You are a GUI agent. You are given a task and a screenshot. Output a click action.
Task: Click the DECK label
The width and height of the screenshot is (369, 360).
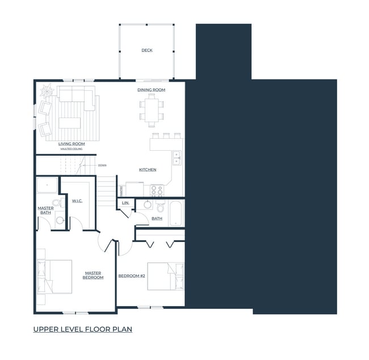(146, 50)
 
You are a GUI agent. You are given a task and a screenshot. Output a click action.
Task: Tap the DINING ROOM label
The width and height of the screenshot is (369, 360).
(151, 90)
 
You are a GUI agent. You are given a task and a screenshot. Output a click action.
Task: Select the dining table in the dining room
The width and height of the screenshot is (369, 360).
(151, 109)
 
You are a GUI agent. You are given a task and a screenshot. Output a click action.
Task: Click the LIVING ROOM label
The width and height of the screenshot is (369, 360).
(72, 144)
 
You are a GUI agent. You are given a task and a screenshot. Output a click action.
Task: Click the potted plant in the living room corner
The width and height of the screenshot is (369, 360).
(46, 90)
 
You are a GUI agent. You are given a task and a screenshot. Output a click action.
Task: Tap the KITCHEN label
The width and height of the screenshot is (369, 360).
(148, 170)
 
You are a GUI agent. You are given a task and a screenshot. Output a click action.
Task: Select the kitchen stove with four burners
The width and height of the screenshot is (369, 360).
(157, 190)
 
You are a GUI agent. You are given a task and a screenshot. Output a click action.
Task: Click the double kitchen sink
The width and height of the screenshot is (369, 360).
(177, 157)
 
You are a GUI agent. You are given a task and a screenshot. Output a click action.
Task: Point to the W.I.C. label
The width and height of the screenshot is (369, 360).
(78, 201)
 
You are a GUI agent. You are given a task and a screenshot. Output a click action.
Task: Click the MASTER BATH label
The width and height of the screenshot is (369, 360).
(45, 210)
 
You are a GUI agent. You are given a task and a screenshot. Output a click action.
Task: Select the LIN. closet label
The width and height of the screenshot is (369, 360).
(125, 202)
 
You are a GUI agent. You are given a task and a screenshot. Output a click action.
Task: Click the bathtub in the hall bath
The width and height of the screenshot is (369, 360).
(175, 213)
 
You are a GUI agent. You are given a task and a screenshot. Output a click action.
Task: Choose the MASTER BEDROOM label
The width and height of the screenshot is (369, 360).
(93, 275)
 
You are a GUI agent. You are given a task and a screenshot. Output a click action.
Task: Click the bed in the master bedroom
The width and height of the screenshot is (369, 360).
(55, 277)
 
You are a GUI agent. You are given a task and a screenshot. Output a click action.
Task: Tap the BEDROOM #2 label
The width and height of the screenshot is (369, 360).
(132, 276)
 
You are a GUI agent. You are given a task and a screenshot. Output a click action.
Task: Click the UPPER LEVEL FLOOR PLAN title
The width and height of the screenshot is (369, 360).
(82, 329)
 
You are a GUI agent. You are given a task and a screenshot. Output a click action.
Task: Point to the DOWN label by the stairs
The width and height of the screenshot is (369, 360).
(102, 166)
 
